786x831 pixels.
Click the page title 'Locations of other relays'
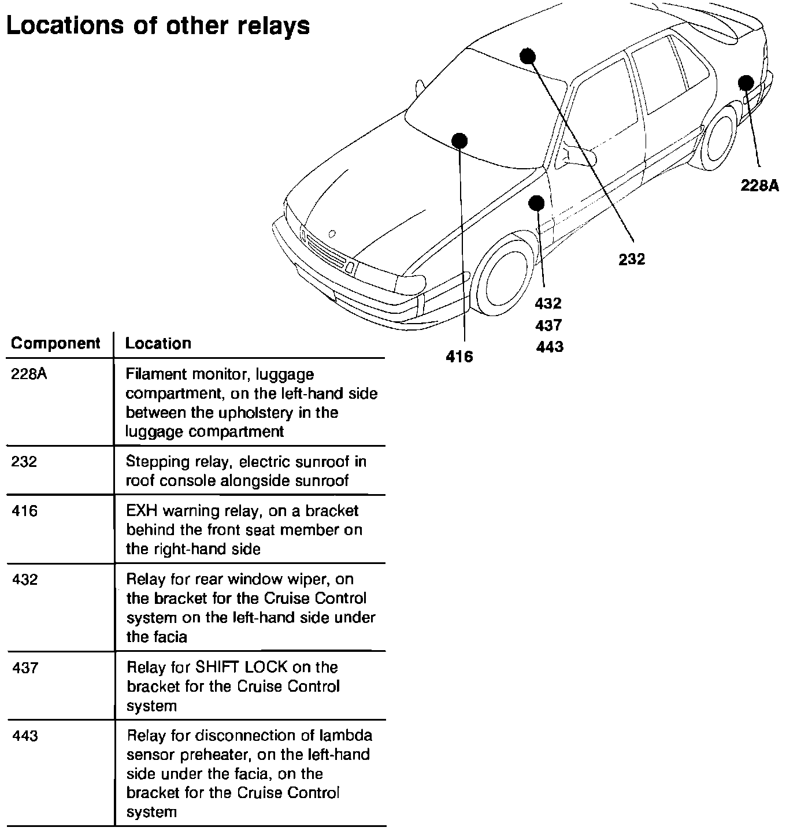[x=158, y=25]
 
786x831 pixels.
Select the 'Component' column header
[x=55, y=343]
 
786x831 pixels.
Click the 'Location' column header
[x=158, y=343]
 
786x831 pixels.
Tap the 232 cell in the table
[x=24, y=462]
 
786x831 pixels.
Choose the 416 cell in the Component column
[x=24, y=511]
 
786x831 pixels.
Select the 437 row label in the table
[x=25, y=668]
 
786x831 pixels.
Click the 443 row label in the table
[x=25, y=736]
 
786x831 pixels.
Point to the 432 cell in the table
[x=25, y=580]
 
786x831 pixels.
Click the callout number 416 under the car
[x=459, y=357]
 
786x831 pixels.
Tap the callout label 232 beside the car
[x=631, y=259]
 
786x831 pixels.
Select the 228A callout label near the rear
[x=759, y=186]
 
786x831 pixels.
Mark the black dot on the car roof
[x=528, y=55]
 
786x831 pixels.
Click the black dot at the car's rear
[x=746, y=82]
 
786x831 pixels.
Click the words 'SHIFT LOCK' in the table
[x=241, y=667]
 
